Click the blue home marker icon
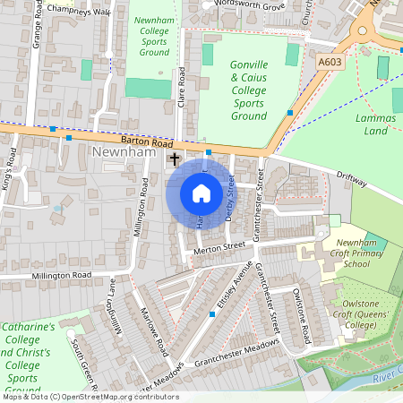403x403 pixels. point(201,193)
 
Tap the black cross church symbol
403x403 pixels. point(175,159)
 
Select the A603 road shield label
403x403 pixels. point(330,62)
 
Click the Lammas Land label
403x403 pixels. point(375,124)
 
